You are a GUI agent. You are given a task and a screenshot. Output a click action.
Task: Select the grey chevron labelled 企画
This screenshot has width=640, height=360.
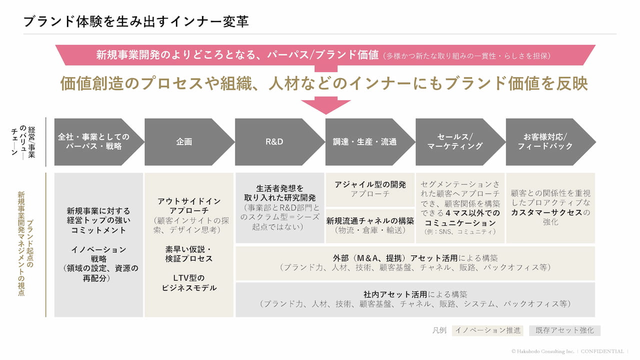point(184,141)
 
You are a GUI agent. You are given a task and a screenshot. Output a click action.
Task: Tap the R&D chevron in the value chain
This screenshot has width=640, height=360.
point(274,141)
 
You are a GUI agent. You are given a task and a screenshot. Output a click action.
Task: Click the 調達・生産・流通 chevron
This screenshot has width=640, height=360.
point(364,141)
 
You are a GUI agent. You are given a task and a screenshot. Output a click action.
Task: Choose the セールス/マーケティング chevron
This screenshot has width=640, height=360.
point(455,141)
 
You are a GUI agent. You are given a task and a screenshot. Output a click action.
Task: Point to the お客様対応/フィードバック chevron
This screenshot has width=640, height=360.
point(545,141)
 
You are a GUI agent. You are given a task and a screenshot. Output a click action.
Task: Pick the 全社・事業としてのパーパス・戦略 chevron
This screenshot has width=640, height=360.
point(93,141)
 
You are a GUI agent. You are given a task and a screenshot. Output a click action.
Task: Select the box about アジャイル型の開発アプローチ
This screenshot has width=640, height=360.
point(370,189)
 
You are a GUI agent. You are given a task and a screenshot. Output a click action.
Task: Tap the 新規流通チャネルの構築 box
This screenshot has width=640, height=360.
point(370,225)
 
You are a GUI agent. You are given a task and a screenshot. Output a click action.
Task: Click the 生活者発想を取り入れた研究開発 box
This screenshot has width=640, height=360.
point(279,207)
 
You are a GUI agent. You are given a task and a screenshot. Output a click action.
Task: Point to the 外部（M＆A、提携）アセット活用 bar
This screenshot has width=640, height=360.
point(415,262)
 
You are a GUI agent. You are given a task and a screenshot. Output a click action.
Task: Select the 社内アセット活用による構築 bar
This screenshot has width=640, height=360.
point(415,299)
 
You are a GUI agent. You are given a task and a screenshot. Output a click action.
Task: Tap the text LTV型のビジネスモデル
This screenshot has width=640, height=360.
point(189,282)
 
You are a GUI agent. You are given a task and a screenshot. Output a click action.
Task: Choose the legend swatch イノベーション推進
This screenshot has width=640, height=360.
point(487,330)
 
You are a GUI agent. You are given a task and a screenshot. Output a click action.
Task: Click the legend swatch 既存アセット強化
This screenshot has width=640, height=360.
point(564,330)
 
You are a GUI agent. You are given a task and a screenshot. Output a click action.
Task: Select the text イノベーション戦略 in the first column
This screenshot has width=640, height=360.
point(98,254)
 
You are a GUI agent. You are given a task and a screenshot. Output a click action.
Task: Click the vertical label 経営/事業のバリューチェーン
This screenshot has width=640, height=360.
point(22,141)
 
